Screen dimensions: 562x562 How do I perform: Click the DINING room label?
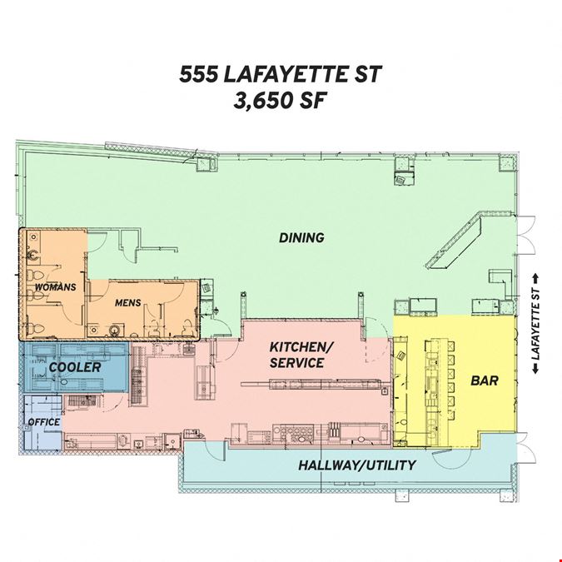[x=301, y=237]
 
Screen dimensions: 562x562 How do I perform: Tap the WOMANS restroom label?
[x=56, y=287]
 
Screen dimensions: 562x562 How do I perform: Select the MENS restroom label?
[x=128, y=303]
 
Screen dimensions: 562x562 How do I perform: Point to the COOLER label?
[x=75, y=367]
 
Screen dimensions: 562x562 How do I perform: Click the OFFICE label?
[x=44, y=422]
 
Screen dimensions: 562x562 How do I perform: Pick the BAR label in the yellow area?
[x=485, y=380]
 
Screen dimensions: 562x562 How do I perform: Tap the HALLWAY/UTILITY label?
[x=357, y=465]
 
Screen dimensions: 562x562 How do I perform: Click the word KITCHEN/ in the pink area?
[x=301, y=347]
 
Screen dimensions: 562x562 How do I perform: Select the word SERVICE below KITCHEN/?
[x=296, y=363]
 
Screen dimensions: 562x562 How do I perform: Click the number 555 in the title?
[x=199, y=74]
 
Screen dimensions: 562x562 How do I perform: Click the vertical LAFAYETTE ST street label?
[x=536, y=324]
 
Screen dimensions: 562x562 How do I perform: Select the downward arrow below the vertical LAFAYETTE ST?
[x=536, y=369]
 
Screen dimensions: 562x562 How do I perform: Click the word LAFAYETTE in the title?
[x=286, y=74]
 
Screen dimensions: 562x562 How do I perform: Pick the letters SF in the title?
[x=312, y=101]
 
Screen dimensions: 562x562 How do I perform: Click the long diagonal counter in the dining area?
[x=457, y=240]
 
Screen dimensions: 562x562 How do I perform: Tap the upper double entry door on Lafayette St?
[x=526, y=235]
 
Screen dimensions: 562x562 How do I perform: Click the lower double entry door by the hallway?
[x=527, y=448]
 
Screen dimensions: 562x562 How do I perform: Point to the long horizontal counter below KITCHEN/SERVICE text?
[x=311, y=384]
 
